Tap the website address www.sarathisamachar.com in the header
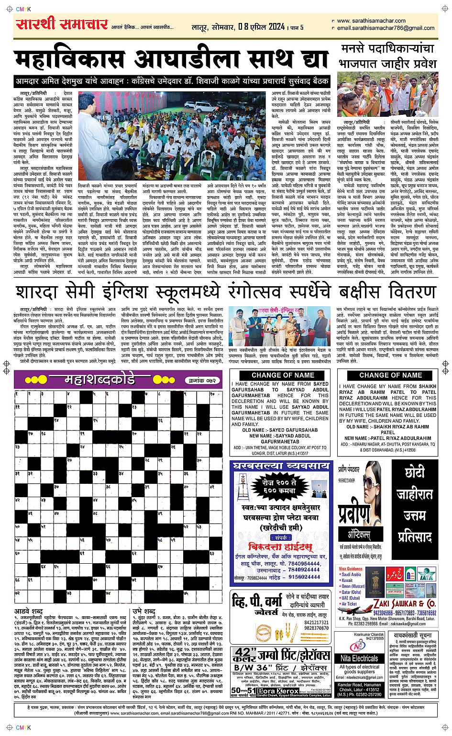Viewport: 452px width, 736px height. (x=371, y=21)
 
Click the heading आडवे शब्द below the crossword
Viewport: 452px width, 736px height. (x=29, y=611)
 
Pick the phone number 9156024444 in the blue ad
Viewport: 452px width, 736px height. (x=304, y=577)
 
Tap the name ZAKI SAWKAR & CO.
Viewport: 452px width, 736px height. (x=404, y=603)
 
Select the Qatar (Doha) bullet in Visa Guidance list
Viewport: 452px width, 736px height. (x=353, y=592)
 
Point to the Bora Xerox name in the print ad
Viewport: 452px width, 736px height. (x=278, y=691)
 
